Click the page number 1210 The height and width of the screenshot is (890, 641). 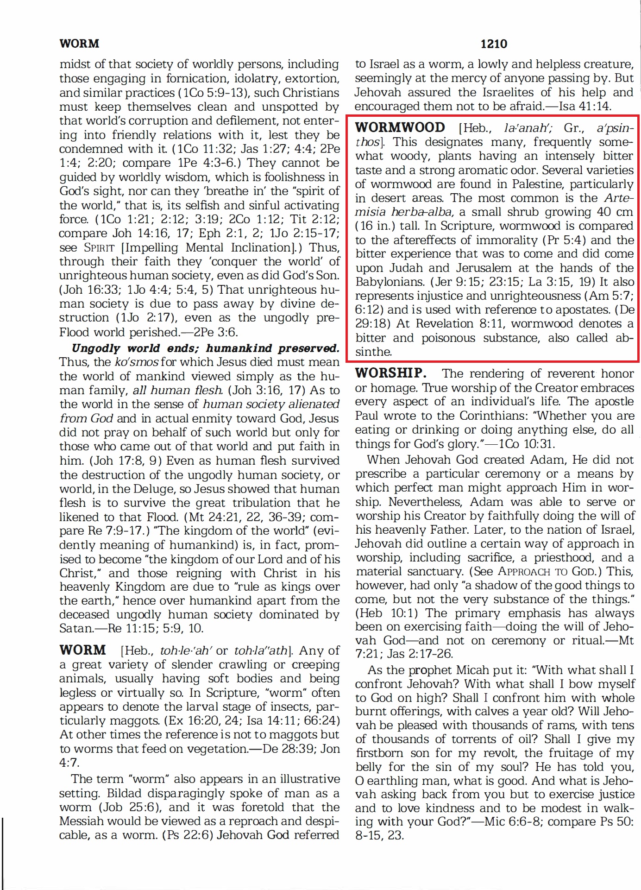click(x=494, y=44)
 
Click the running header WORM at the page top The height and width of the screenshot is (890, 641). click(x=79, y=44)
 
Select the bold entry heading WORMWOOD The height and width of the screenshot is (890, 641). click(x=400, y=128)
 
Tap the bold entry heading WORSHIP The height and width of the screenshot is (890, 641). click(x=390, y=373)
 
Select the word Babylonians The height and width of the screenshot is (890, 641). click(x=390, y=282)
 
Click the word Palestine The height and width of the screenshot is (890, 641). click(x=538, y=184)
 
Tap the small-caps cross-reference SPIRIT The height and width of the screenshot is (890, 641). click(x=98, y=248)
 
